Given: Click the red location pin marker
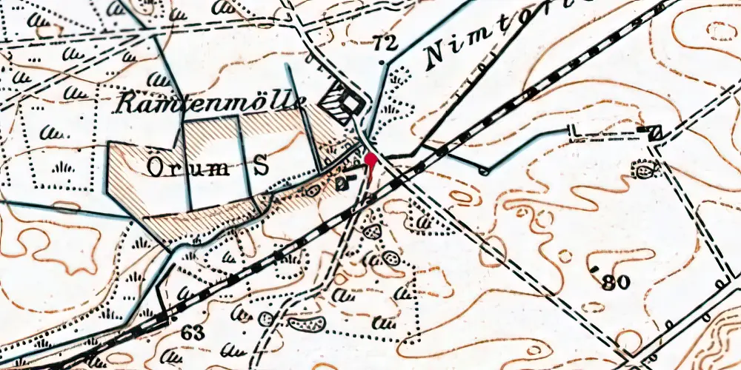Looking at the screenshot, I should click(370, 159).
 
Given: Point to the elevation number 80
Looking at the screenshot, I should click(615, 282).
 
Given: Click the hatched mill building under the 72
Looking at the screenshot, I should click(344, 103).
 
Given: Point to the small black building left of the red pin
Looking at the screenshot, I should click(342, 183).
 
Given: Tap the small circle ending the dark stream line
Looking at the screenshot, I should click(485, 172).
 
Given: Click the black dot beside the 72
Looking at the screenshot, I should click(381, 63).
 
